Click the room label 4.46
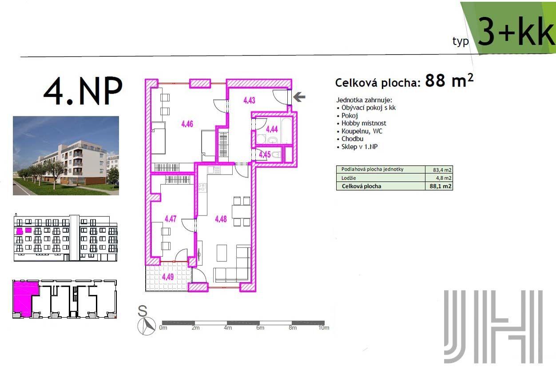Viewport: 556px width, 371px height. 187,124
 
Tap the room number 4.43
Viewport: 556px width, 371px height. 249,100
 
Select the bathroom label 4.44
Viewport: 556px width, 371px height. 272,129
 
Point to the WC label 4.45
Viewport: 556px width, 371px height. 265,155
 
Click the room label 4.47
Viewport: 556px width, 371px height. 171,219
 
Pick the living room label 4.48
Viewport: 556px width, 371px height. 221,219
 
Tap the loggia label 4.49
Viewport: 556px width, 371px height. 168,277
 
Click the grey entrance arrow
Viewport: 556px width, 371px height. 299,97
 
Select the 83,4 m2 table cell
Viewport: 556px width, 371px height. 442,170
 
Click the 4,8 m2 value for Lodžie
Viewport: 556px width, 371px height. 444,178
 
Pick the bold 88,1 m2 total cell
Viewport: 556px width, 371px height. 441,186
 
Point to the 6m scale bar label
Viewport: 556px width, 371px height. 260,328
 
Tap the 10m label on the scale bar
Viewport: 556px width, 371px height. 324,328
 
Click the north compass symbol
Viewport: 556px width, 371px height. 147,326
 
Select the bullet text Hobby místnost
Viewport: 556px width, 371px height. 364,123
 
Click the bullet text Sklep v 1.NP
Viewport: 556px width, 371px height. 359,147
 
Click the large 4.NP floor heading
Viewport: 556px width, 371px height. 83,91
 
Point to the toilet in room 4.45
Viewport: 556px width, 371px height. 277,155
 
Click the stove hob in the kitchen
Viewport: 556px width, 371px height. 203,187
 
